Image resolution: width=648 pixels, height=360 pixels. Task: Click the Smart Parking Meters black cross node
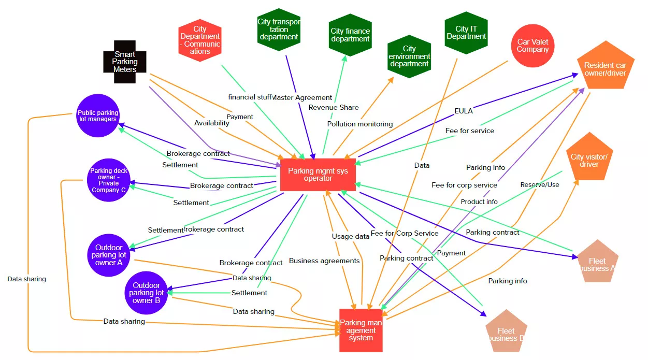(x=125, y=62)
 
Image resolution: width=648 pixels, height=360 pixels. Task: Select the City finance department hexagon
(x=350, y=35)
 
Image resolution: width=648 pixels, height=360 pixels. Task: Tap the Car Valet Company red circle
(x=532, y=46)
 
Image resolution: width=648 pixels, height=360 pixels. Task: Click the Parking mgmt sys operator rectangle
(x=318, y=175)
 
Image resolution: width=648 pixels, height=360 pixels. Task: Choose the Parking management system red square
(x=361, y=330)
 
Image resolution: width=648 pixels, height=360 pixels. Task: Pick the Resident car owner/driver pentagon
(x=605, y=68)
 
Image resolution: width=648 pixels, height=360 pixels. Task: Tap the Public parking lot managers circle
(x=98, y=116)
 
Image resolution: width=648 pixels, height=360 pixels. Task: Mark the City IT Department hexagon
(x=466, y=33)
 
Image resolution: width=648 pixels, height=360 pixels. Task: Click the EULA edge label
(x=464, y=110)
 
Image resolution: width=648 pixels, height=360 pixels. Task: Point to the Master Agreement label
(x=303, y=97)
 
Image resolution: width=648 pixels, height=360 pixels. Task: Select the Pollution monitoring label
(x=359, y=124)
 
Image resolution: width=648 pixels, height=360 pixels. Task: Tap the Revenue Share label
(x=334, y=107)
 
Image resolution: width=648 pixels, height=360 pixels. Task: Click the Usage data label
(x=351, y=236)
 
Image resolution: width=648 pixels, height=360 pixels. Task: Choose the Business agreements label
(x=324, y=261)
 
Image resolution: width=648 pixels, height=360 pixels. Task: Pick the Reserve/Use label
(x=540, y=184)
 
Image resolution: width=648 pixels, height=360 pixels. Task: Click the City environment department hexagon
(x=409, y=56)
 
